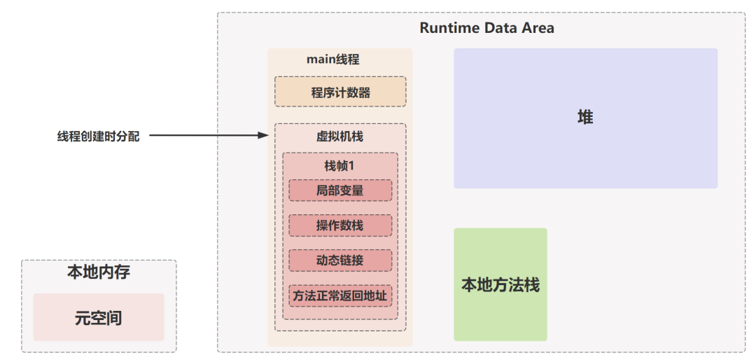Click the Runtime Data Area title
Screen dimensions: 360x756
(x=486, y=28)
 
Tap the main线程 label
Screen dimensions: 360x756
(x=332, y=60)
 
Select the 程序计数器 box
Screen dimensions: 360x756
(x=340, y=92)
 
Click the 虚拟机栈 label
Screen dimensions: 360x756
(x=340, y=137)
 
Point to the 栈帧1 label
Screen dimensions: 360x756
(x=339, y=166)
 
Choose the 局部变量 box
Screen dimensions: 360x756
(x=340, y=191)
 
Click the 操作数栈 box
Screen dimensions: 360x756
(x=340, y=226)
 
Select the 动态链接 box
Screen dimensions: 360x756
(x=340, y=260)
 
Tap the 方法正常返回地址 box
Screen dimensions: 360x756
(x=340, y=295)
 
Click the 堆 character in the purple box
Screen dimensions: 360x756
(x=585, y=118)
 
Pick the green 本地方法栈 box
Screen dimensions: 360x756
(x=500, y=284)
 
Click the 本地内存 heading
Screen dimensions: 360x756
(x=98, y=272)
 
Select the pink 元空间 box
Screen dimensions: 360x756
(x=98, y=317)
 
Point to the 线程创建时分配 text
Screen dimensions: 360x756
(x=98, y=137)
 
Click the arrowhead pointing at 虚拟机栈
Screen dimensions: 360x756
(x=264, y=135)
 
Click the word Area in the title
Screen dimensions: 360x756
(x=536, y=28)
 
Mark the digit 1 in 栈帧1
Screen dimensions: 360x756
(x=353, y=166)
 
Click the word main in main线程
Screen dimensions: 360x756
(x=321, y=60)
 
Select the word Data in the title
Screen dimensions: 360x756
(x=498, y=28)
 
